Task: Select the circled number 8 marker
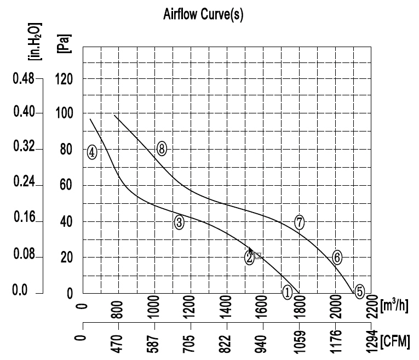pos(162,148)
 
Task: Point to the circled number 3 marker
pos(179,222)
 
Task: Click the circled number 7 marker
pos(299,222)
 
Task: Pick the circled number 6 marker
pos(337,256)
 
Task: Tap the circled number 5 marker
pos(359,292)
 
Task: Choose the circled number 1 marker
pos(287,293)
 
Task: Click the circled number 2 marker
pos(250,256)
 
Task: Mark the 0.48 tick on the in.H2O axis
pos(23,79)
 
